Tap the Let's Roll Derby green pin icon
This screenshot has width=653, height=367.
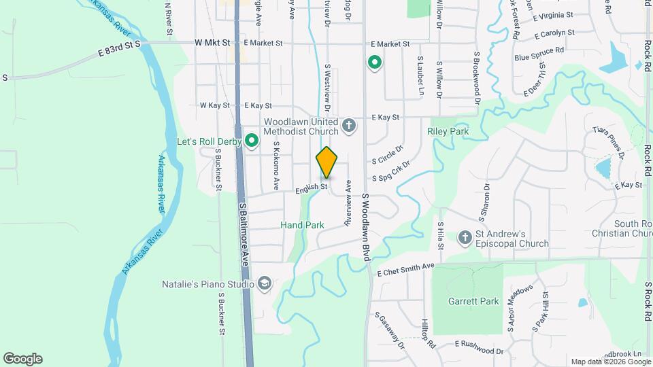252,141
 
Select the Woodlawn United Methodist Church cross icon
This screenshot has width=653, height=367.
349,125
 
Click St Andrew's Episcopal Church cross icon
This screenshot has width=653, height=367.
465,237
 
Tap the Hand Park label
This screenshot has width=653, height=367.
302,224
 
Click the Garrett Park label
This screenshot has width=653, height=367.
473,301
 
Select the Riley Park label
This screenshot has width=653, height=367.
448,130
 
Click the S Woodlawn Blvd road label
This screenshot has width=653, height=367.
365,225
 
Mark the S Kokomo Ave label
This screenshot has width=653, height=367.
277,165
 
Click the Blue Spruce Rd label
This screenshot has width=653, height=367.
539,50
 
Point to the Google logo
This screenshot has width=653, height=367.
22,359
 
